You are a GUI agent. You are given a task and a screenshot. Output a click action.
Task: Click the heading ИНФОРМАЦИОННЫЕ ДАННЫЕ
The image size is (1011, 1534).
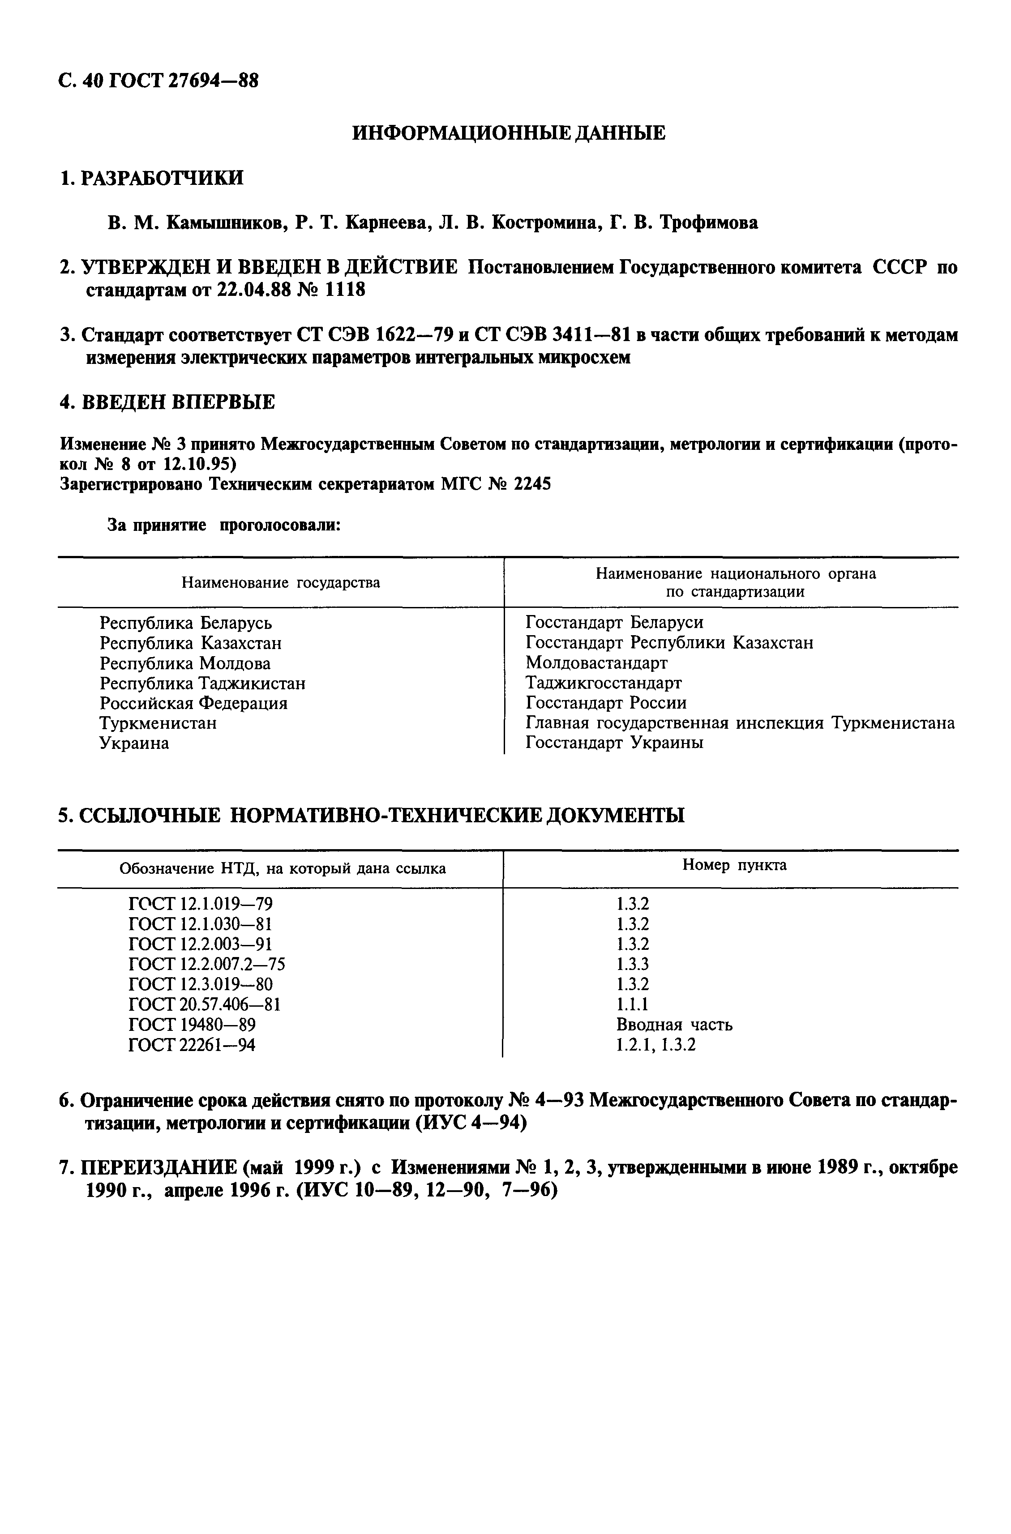[x=509, y=133]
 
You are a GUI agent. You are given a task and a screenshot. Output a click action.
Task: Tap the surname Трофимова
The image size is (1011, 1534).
[x=708, y=223]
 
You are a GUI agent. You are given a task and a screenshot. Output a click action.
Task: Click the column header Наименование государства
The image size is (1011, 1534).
[x=280, y=583]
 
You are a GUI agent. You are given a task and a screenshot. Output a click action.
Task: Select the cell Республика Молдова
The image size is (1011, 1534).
[x=185, y=663]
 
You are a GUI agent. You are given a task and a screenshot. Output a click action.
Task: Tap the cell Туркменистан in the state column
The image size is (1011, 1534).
[x=158, y=723]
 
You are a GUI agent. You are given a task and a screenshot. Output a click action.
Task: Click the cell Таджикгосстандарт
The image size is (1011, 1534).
[x=604, y=683]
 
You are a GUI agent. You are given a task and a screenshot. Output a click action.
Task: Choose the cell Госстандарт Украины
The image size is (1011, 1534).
[x=614, y=743]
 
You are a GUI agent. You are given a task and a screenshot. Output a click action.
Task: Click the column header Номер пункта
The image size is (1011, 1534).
[x=734, y=865]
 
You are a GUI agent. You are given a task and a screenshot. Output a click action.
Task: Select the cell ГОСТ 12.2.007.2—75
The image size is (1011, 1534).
[x=207, y=964]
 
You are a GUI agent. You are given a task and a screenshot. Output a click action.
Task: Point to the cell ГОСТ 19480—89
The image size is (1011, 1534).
[x=192, y=1025]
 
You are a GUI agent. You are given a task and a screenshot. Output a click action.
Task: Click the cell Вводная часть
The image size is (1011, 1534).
[x=674, y=1025]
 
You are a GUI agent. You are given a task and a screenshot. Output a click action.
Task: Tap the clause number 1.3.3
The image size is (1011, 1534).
[x=633, y=964]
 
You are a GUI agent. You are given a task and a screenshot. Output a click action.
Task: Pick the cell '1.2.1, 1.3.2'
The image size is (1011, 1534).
[x=656, y=1045]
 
